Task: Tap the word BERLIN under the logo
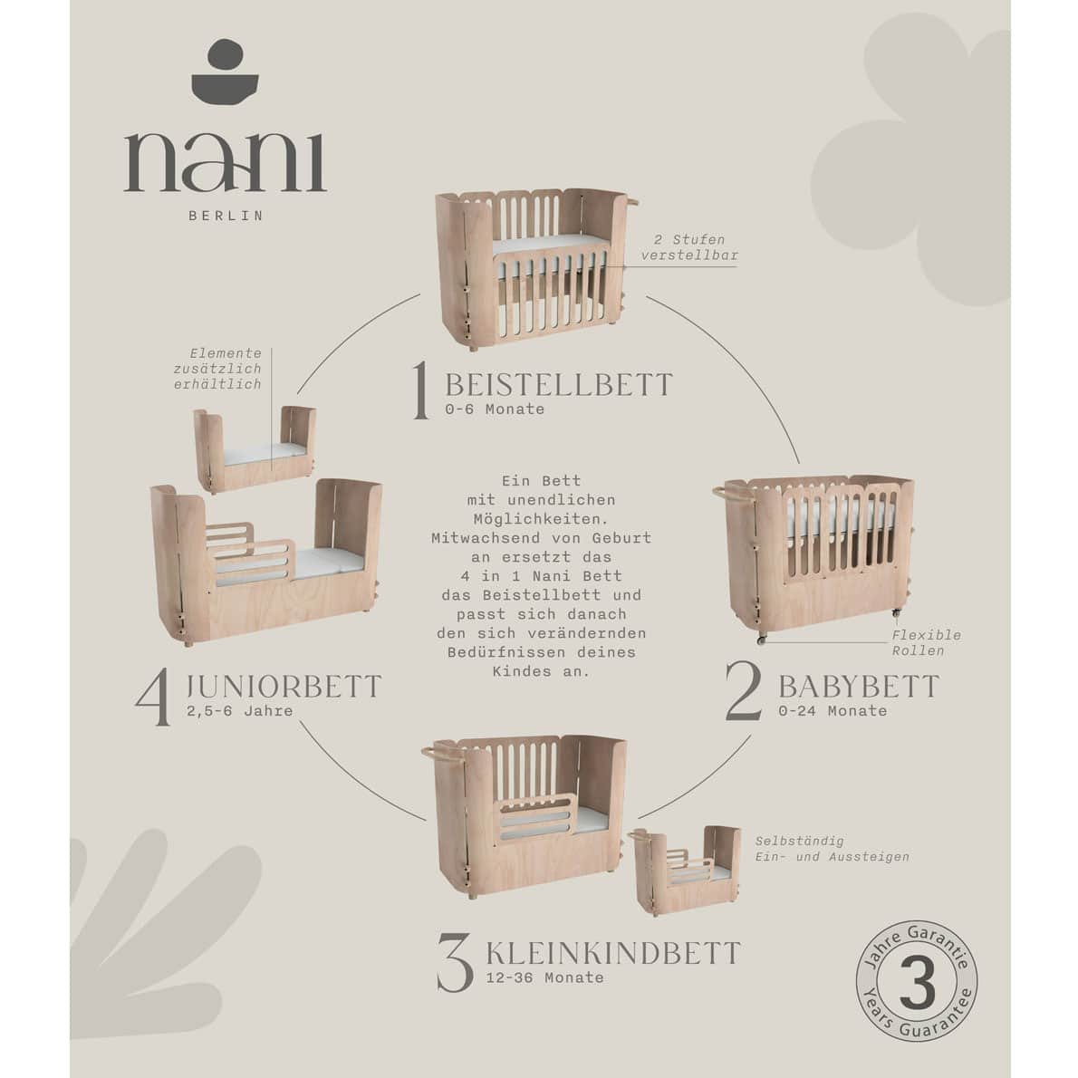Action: pyautogui.click(x=226, y=216)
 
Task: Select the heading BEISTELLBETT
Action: pyautogui.click(x=559, y=385)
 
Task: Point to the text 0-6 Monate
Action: pyautogui.click(x=495, y=409)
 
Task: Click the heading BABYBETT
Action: pyautogui.click(x=859, y=687)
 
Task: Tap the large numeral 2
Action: pyautogui.click(x=744, y=691)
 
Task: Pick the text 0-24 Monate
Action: pyautogui.click(x=833, y=711)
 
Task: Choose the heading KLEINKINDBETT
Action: pyautogui.click(x=613, y=954)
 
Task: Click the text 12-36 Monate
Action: pyautogui.click(x=544, y=977)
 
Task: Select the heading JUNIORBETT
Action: pyautogui.click(x=284, y=687)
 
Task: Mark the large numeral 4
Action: pyautogui.click(x=153, y=697)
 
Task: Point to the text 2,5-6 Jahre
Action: pyautogui.click(x=239, y=711)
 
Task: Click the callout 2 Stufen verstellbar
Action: pyautogui.click(x=689, y=247)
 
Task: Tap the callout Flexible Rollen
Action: pyautogui.click(x=926, y=643)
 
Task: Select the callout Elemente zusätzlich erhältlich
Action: pyautogui.click(x=217, y=370)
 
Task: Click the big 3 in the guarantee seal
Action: pyautogui.click(x=917, y=986)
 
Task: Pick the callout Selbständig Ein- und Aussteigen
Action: pyautogui.click(x=832, y=849)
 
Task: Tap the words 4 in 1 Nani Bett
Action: pyautogui.click(x=541, y=576)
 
